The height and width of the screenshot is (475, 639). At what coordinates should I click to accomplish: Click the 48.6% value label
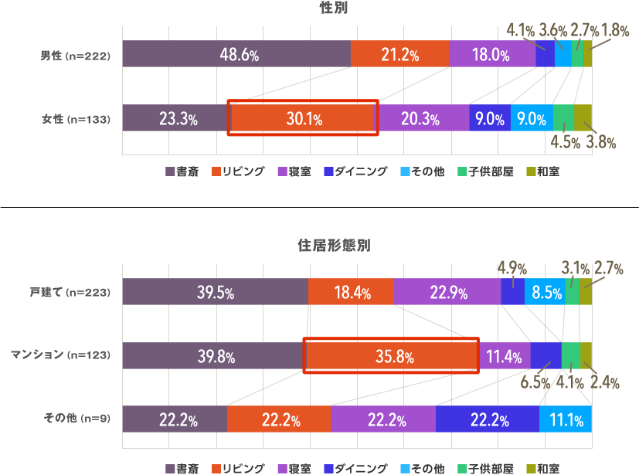pyautogui.click(x=239, y=56)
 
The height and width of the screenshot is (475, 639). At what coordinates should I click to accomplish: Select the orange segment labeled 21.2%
pyautogui.click(x=399, y=56)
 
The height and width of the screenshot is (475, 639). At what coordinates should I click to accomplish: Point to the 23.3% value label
pyautogui.click(x=178, y=119)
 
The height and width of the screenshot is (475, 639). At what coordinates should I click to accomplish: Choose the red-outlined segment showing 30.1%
pyautogui.click(x=304, y=119)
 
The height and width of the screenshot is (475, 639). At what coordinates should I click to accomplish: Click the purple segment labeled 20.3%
pyautogui.click(x=420, y=119)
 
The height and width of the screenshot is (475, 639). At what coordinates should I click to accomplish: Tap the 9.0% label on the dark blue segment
pyautogui.click(x=490, y=119)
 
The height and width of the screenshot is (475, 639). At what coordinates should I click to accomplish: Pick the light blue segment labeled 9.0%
pyautogui.click(x=532, y=119)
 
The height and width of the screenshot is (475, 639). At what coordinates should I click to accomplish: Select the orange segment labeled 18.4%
pyautogui.click(x=352, y=293)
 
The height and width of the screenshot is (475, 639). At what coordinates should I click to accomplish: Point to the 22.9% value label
pyautogui.click(x=448, y=293)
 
